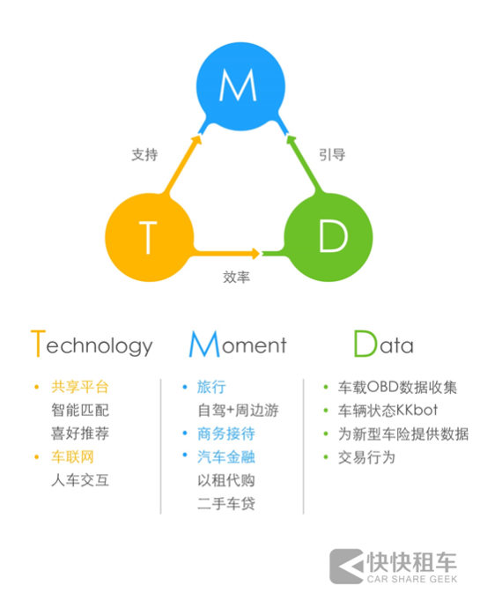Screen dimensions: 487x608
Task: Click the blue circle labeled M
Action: coord(240,86)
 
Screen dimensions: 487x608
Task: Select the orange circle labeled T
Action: coord(150,237)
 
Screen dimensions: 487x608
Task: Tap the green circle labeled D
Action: coord(328,237)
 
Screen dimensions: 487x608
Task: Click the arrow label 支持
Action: coord(144,155)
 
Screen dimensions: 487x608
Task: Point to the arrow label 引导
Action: coord(332,155)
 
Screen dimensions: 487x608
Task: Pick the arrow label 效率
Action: coord(236,277)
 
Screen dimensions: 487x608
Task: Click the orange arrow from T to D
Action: coord(226,253)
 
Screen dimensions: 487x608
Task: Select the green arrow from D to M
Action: coord(304,164)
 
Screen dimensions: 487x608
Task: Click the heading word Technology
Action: coord(92,344)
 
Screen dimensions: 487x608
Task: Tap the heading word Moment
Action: coord(238,344)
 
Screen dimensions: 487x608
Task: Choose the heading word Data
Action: coord(384,344)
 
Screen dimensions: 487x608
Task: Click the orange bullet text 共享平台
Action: coord(80,387)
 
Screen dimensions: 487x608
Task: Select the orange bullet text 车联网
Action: coord(72,456)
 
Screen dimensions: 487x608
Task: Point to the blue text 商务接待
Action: coord(226,434)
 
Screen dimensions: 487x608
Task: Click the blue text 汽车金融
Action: coord(226,456)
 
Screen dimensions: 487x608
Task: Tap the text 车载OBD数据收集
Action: coord(397,387)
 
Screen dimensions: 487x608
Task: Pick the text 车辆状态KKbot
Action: coord(387,411)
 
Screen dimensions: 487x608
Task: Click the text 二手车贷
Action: coord(226,504)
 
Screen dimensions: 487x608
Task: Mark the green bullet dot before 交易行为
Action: coord(326,457)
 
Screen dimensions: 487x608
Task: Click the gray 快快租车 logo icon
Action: coord(347,566)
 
